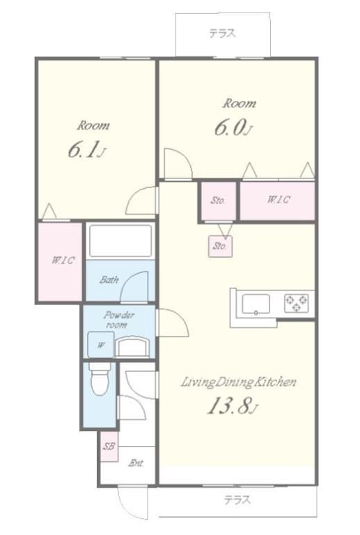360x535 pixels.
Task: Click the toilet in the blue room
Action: pos(100,379)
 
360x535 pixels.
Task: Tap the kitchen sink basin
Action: pos(256,304)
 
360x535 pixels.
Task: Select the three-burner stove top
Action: pos(297,302)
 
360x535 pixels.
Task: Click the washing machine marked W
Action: pos(101,345)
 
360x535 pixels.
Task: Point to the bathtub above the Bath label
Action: pos(120,240)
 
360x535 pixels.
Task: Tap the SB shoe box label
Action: pos(109,447)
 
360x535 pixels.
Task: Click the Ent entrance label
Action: pos(136,463)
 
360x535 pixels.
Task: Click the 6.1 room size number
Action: pos(86,150)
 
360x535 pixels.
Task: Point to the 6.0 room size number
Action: pos(233,127)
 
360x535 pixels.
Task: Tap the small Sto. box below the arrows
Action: pos(220,246)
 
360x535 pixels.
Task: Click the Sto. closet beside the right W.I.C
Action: pos(218,201)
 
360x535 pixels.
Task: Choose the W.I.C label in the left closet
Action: pos(63,261)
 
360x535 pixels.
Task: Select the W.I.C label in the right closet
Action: pos(279,199)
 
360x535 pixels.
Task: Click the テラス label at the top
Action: pos(222,33)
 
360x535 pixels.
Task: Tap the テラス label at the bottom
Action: pos(237,500)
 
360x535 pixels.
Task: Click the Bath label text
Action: pos(109,280)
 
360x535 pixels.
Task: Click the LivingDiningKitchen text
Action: pos(238,382)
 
